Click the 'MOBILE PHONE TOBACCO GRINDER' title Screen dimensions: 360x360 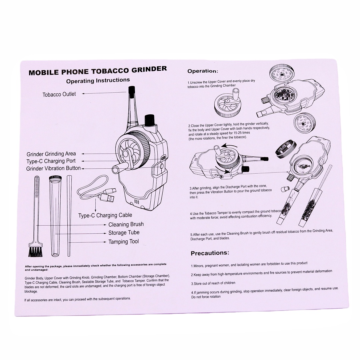98,70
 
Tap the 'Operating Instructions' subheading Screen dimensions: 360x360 98,81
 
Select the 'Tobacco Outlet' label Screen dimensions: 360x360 59,94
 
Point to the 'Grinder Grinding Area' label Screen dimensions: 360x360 51,154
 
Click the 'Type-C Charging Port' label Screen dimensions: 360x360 51,161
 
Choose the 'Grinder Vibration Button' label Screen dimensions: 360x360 53,168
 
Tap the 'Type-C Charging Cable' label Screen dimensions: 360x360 105,215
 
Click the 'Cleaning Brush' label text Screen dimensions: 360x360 126,224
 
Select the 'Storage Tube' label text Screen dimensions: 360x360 124,233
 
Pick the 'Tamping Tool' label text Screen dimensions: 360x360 124,242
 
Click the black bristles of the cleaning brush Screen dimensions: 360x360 35,252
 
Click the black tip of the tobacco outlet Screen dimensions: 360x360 132,90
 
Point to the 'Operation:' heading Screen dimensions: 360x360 203,71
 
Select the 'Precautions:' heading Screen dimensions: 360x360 210,253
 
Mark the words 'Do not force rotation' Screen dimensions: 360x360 206,297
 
